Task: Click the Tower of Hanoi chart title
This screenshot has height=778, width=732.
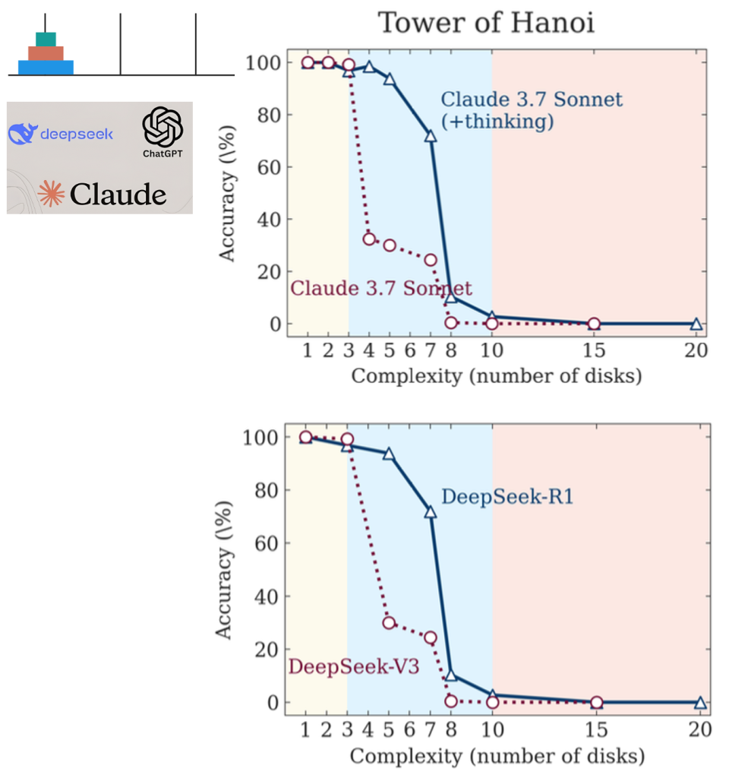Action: [x=486, y=23]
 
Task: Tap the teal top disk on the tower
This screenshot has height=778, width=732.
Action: [x=46, y=39]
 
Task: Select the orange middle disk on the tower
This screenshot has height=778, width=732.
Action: [x=46, y=53]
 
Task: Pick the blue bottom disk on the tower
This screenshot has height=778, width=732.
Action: [x=46, y=68]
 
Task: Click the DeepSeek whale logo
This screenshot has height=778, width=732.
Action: [x=22, y=134]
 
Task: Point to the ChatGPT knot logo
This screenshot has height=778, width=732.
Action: [x=163, y=126]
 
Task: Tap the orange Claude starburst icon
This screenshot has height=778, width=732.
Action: [x=52, y=194]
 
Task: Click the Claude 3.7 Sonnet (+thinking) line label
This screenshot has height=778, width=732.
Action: [x=532, y=110]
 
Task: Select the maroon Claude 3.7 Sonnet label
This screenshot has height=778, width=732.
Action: [x=381, y=289]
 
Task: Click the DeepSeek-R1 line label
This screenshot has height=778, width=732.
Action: [x=507, y=498]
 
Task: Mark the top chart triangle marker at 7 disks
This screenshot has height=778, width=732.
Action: [x=431, y=136]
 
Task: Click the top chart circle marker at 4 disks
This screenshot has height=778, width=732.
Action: [x=369, y=239]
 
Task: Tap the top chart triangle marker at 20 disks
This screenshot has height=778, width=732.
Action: [x=696, y=324]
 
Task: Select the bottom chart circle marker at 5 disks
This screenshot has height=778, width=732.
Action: [x=390, y=623]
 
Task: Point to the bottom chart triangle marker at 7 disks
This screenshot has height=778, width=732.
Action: [x=431, y=512]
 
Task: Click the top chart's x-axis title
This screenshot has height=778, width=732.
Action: [x=496, y=376]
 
